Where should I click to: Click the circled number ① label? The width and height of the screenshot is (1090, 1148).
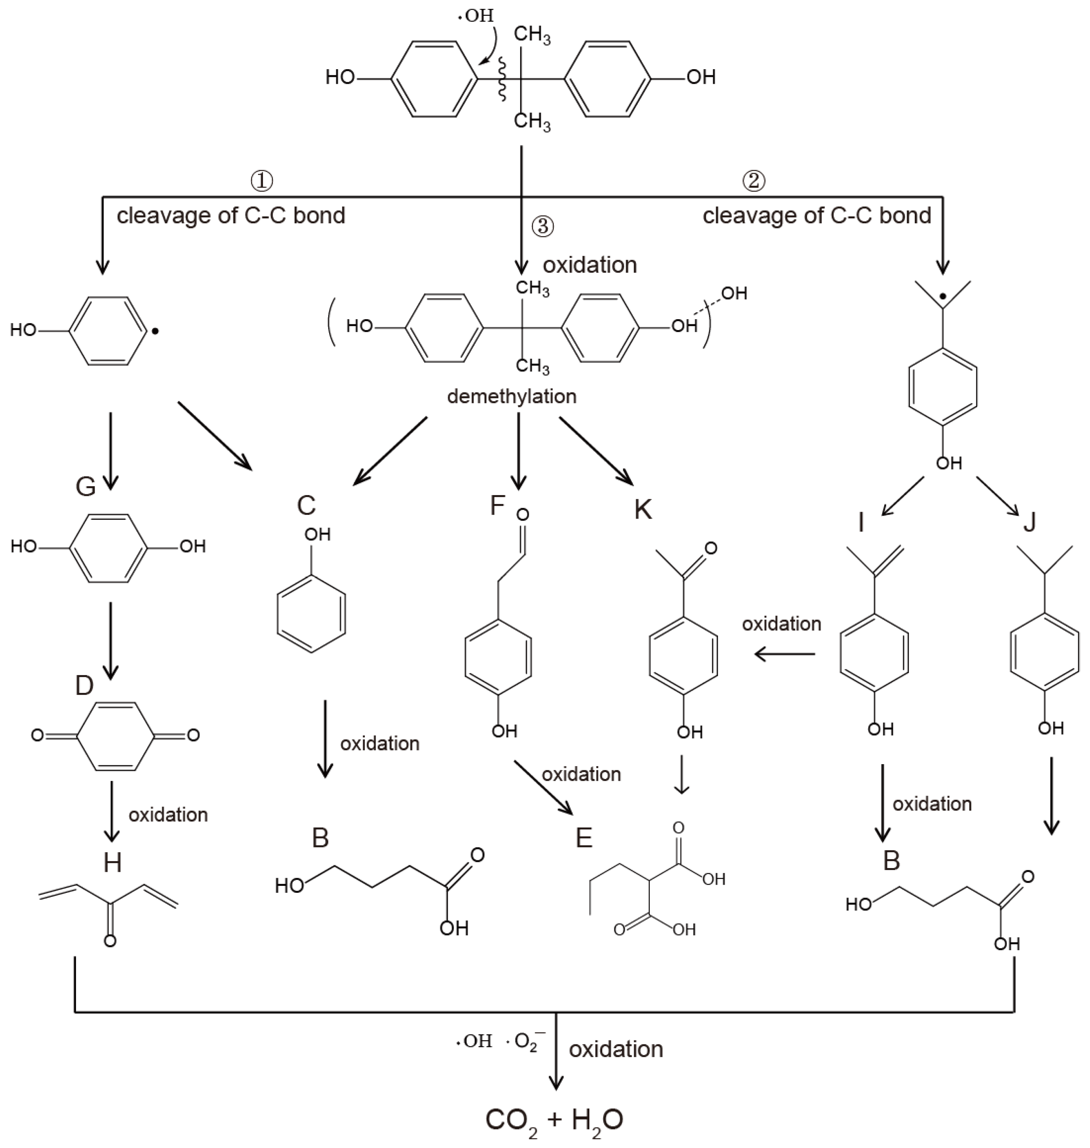(261, 181)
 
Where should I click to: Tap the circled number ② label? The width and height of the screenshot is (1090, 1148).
(754, 181)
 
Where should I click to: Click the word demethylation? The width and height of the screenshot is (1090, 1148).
(511, 396)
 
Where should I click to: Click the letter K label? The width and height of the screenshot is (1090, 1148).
(643, 510)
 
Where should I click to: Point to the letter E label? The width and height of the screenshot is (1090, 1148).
(583, 838)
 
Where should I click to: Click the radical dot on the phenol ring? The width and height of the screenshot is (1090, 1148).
(155, 332)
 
